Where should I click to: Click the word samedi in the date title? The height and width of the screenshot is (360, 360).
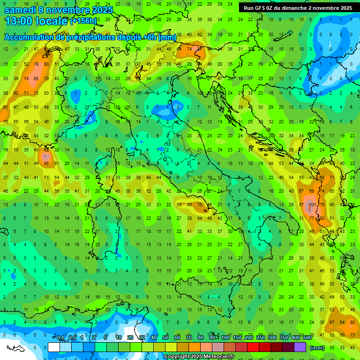[20, 10]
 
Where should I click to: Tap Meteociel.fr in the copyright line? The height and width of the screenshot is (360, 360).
[216, 357]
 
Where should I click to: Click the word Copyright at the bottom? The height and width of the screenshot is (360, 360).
[177, 357]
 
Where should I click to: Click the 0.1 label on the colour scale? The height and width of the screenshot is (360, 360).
[60, 338]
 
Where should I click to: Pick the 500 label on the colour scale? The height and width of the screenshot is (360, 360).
[307, 338]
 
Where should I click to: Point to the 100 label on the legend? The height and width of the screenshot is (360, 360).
[225, 338]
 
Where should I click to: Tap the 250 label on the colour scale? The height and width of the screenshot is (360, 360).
[261, 338]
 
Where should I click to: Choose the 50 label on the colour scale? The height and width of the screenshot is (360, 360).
[165, 338]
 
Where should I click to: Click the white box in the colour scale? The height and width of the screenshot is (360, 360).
[54, 348]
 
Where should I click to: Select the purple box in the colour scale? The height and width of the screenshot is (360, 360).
[300, 348]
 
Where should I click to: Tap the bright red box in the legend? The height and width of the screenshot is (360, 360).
[254, 348]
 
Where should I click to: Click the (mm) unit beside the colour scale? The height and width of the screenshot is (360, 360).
[317, 348]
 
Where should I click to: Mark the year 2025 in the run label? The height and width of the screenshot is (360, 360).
[345, 8]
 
